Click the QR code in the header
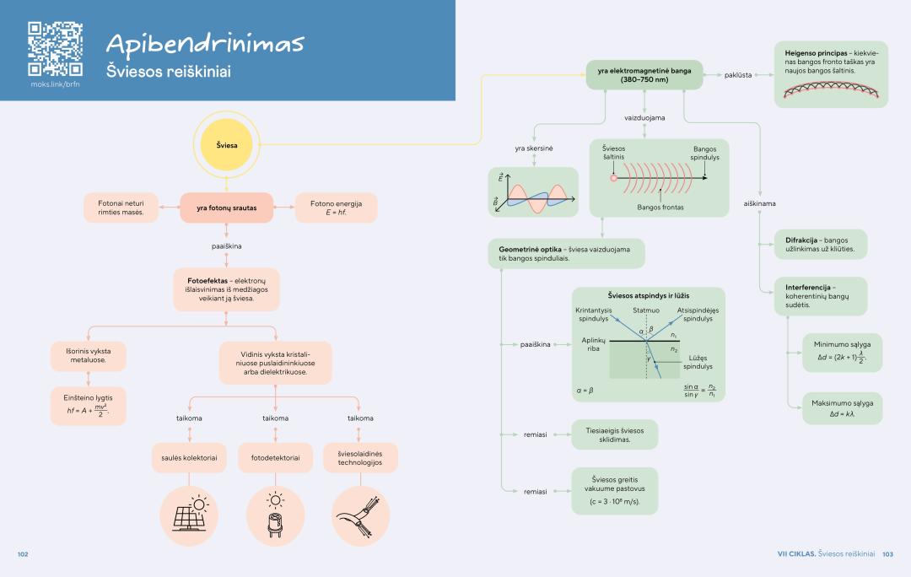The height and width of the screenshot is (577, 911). [55, 49]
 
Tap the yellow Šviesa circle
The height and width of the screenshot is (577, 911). [226, 145]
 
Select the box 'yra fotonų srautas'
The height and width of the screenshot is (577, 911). [227, 208]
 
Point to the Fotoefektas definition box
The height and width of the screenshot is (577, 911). [227, 288]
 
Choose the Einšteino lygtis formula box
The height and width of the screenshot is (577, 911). [89, 405]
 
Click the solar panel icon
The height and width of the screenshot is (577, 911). [190, 515]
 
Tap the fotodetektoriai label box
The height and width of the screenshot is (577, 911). [276, 457]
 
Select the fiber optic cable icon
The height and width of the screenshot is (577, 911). [361, 515]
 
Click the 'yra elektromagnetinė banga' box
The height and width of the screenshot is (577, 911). [644, 75]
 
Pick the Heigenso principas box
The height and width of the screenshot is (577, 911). [831, 75]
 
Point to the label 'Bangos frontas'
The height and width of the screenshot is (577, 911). [660, 207]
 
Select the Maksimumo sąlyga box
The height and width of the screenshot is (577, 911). [843, 408]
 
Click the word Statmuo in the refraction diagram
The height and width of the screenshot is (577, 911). [646, 311]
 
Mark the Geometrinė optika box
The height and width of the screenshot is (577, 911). [565, 253]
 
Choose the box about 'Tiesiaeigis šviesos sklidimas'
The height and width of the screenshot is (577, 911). [614, 434]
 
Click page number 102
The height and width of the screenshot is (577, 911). [23, 554]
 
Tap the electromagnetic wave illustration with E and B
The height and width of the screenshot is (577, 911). [533, 192]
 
